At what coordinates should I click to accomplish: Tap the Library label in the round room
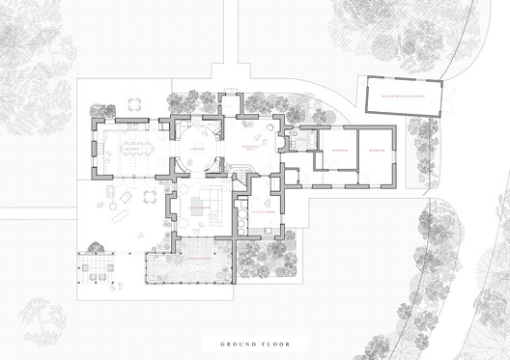[195, 150]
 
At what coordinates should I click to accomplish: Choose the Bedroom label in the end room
[377, 152]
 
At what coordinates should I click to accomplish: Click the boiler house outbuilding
[398, 97]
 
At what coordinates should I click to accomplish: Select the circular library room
[196, 152]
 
